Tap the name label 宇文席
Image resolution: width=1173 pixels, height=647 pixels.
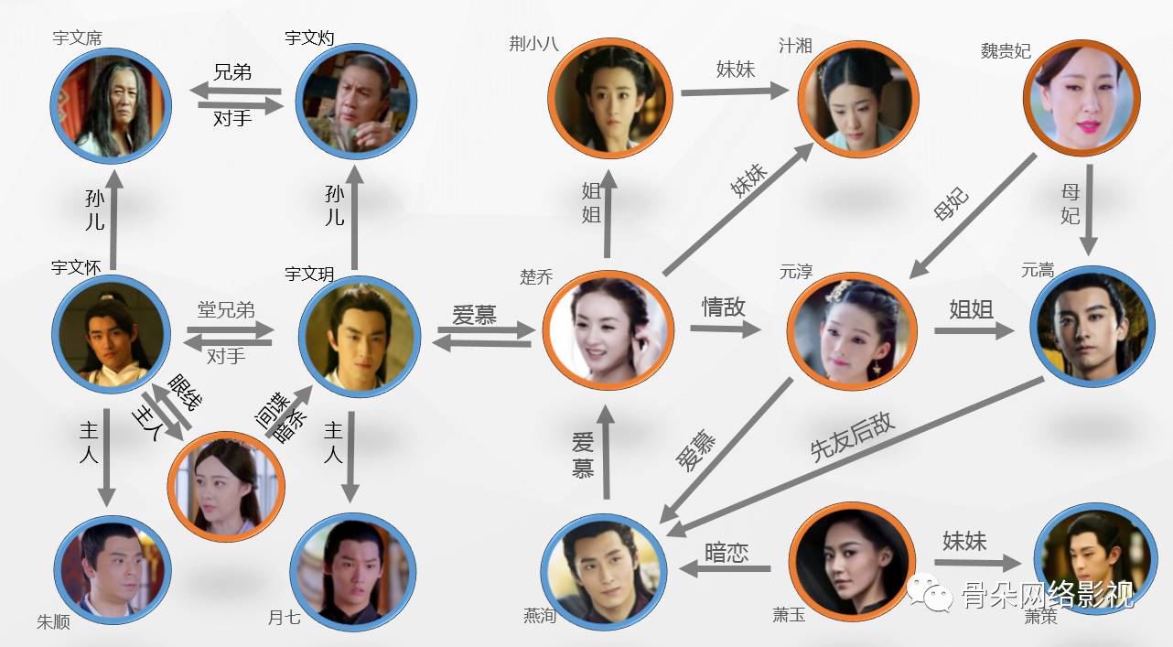(x=77, y=38)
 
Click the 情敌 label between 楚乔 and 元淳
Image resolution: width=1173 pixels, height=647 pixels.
(x=723, y=307)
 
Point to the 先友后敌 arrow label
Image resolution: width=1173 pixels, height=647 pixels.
(x=852, y=437)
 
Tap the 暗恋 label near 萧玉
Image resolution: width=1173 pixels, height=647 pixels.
(x=726, y=553)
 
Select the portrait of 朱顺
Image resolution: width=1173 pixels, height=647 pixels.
(x=113, y=572)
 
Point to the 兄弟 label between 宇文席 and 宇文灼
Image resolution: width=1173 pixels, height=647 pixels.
(x=232, y=72)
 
